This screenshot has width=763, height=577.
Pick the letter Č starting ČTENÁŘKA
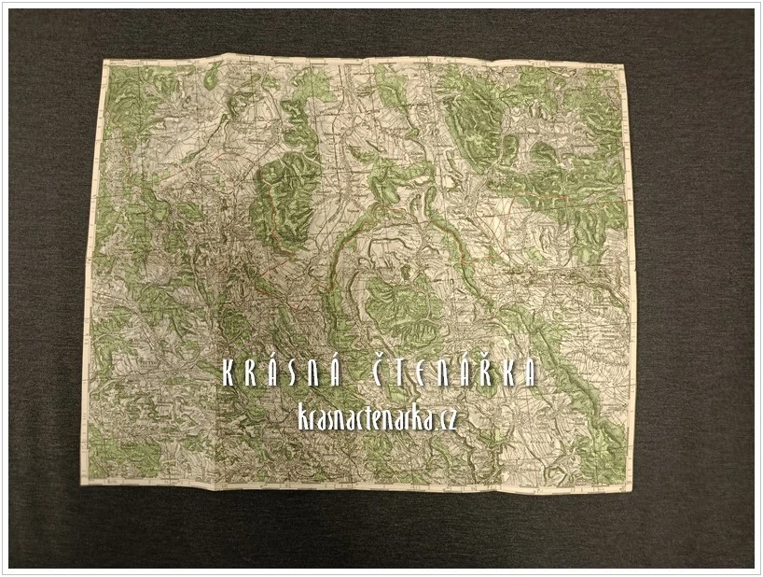(391, 373)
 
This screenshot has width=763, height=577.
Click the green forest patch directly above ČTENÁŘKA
(403, 308)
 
